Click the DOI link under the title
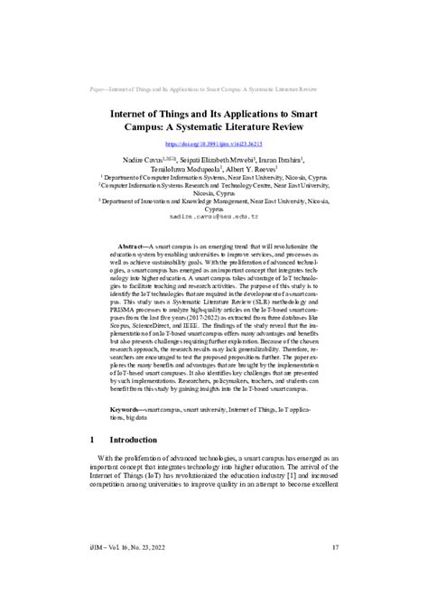pos(214,144)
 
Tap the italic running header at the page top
pos(214,90)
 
